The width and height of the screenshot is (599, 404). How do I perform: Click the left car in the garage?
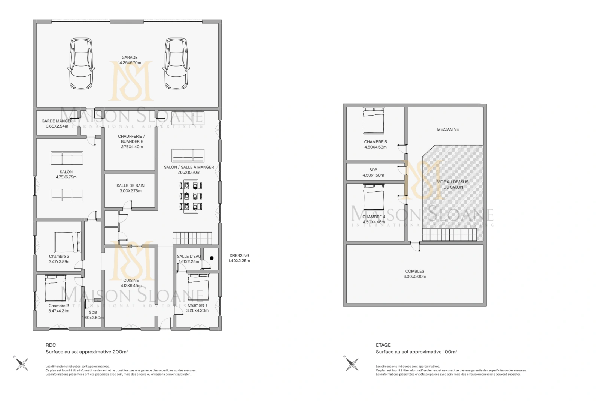pos(81,63)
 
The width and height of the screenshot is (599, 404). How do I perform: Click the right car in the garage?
pos(176,63)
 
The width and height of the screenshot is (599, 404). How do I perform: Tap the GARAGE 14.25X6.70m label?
pos(130,60)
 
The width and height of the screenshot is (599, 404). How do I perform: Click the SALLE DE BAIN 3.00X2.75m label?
pos(130,188)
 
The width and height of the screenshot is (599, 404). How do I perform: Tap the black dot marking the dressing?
pos(212,258)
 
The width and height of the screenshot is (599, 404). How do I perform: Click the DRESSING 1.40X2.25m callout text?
pos(239,258)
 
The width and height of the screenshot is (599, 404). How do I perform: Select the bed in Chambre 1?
pos(198,287)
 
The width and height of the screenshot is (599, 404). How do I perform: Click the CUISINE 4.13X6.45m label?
pos(131,283)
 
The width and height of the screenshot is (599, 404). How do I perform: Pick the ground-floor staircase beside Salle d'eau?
pos(192,238)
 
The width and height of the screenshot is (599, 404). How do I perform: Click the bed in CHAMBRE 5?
pos(374,121)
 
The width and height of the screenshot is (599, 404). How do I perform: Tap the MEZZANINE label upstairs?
pos(448,129)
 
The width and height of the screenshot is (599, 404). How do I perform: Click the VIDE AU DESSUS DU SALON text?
pos(453,184)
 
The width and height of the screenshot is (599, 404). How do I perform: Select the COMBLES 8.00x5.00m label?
pos(414,274)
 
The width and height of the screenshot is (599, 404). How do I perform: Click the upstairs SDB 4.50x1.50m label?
pos(373,172)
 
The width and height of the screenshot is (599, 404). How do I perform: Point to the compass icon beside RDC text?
pos(22,364)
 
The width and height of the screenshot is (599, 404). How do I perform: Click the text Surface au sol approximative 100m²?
pos(416,352)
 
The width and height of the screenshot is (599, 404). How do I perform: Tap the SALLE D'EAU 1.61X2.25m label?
pos(189,259)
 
